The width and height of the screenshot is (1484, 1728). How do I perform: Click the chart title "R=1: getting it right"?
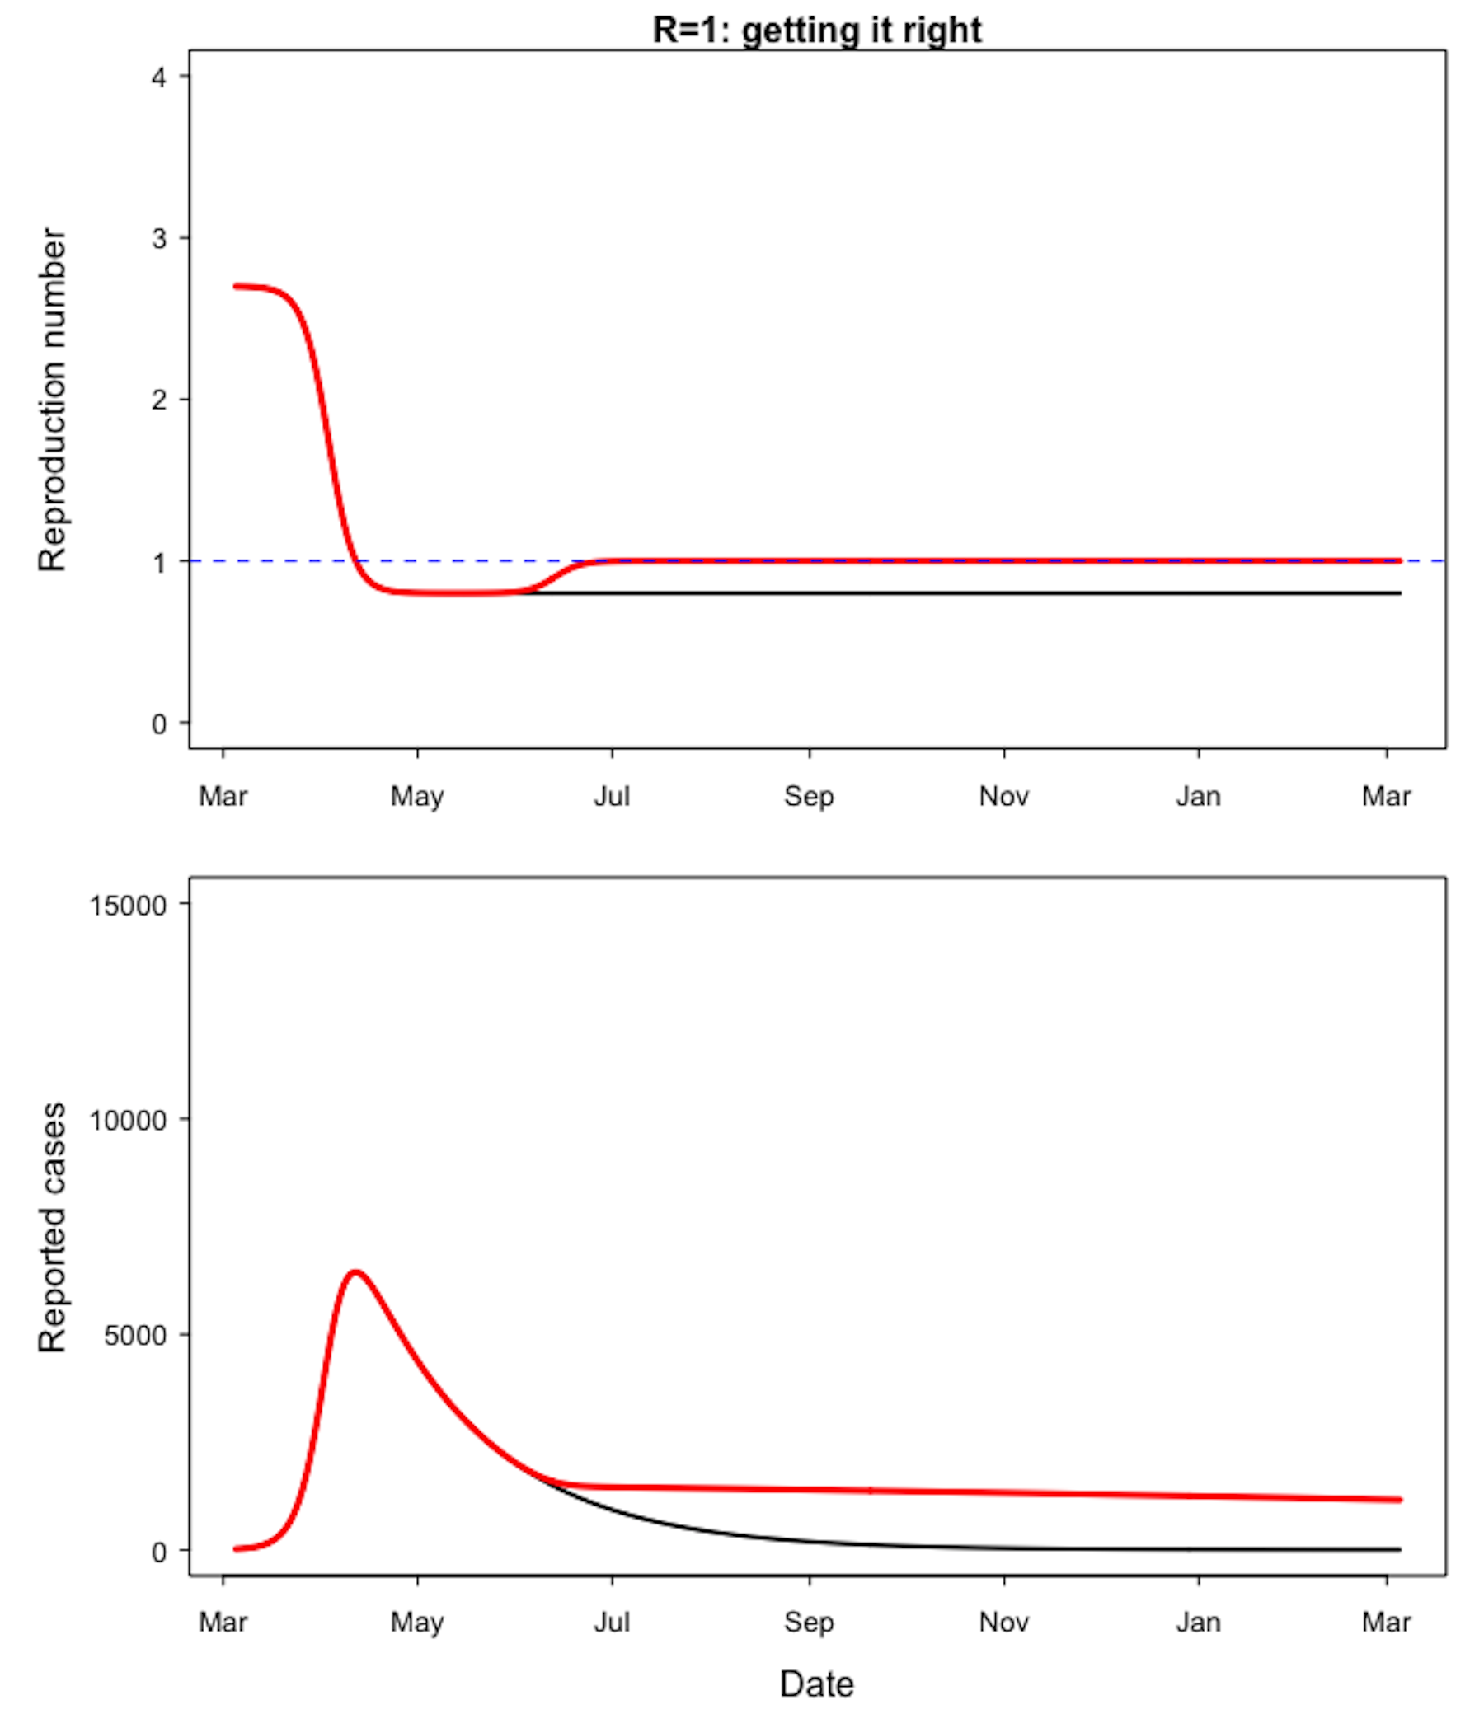point(816,30)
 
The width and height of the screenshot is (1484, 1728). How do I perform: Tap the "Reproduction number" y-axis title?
point(52,400)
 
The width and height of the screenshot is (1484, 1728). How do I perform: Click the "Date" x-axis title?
point(816,1684)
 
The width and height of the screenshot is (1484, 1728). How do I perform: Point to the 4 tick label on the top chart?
point(158,77)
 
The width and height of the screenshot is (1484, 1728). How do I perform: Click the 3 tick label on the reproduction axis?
point(158,238)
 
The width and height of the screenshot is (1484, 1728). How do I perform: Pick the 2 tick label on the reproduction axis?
point(158,400)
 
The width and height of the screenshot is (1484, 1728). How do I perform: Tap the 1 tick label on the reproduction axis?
point(158,563)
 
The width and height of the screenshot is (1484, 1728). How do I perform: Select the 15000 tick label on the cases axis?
point(128,906)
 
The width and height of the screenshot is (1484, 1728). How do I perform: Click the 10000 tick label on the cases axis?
point(128,1120)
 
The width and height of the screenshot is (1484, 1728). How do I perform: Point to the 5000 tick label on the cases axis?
point(135,1335)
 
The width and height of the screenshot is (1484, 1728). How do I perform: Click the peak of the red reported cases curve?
point(356,1271)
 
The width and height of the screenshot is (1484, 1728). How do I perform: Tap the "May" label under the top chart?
point(417,797)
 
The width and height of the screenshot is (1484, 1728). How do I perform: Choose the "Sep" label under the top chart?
point(808,797)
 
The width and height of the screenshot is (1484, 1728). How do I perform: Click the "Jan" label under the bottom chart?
point(1198,1622)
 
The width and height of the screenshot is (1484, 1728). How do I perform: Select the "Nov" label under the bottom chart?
point(1003,1622)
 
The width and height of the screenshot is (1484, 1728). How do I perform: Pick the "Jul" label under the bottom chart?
point(612,1622)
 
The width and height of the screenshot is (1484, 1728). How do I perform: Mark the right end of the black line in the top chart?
point(1399,593)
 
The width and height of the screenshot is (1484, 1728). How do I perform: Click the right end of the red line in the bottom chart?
point(1399,1500)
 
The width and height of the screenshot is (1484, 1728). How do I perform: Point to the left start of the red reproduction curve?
point(236,286)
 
